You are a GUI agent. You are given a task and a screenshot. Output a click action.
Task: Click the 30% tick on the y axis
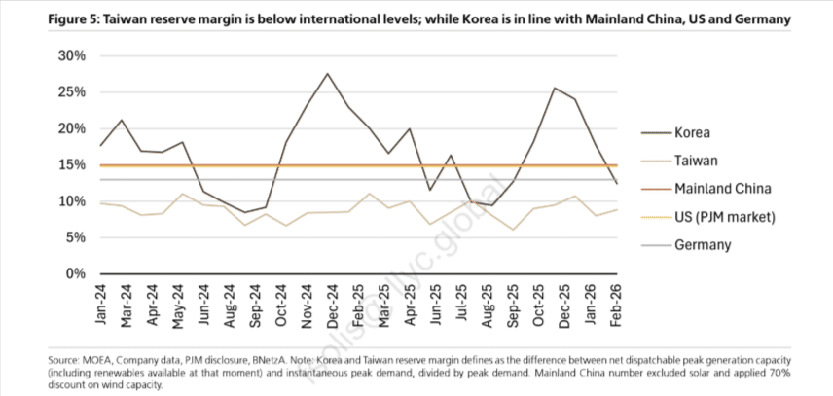(x=73, y=56)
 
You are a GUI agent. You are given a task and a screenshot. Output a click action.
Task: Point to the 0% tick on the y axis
(x=77, y=273)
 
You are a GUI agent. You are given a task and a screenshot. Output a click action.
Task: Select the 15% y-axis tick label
(x=73, y=165)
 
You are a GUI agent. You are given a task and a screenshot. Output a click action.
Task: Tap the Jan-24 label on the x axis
(x=102, y=304)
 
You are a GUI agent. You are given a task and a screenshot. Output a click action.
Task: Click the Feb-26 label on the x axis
(x=614, y=304)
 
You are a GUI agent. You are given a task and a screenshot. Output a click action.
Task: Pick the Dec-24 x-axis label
(x=327, y=304)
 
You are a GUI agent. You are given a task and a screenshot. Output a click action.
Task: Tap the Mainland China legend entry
(x=723, y=189)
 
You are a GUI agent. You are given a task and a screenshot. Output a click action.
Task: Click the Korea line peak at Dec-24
(x=327, y=74)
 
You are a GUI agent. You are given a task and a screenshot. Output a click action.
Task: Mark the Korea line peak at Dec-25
(x=554, y=89)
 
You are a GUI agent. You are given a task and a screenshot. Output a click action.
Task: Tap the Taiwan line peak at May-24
(x=182, y=194)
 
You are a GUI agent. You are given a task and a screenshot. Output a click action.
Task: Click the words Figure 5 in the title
(x=41, y=19)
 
